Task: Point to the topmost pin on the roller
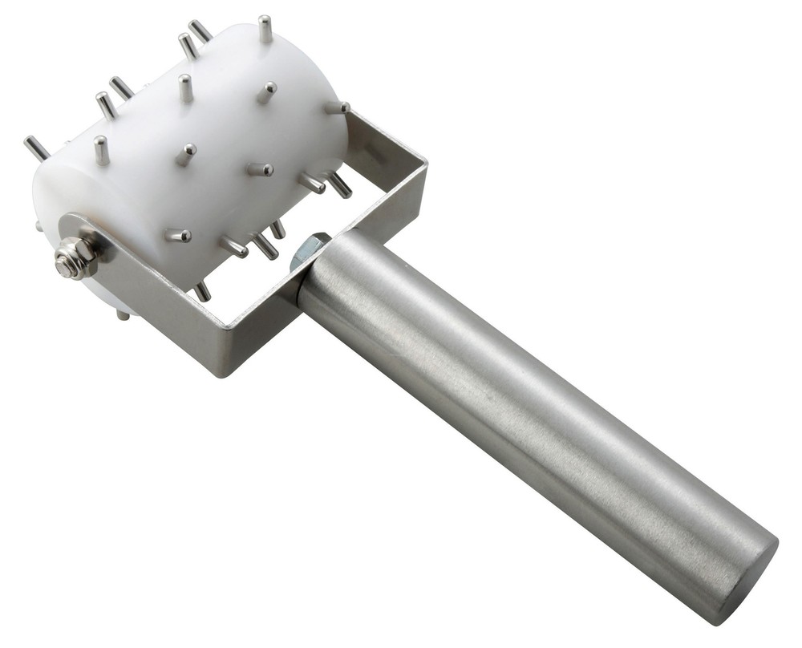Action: tap(265, 29)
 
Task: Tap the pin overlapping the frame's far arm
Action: tap(338, 107)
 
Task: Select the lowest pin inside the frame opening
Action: tap(202, 290)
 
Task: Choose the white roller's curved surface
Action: tap(217, 120)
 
